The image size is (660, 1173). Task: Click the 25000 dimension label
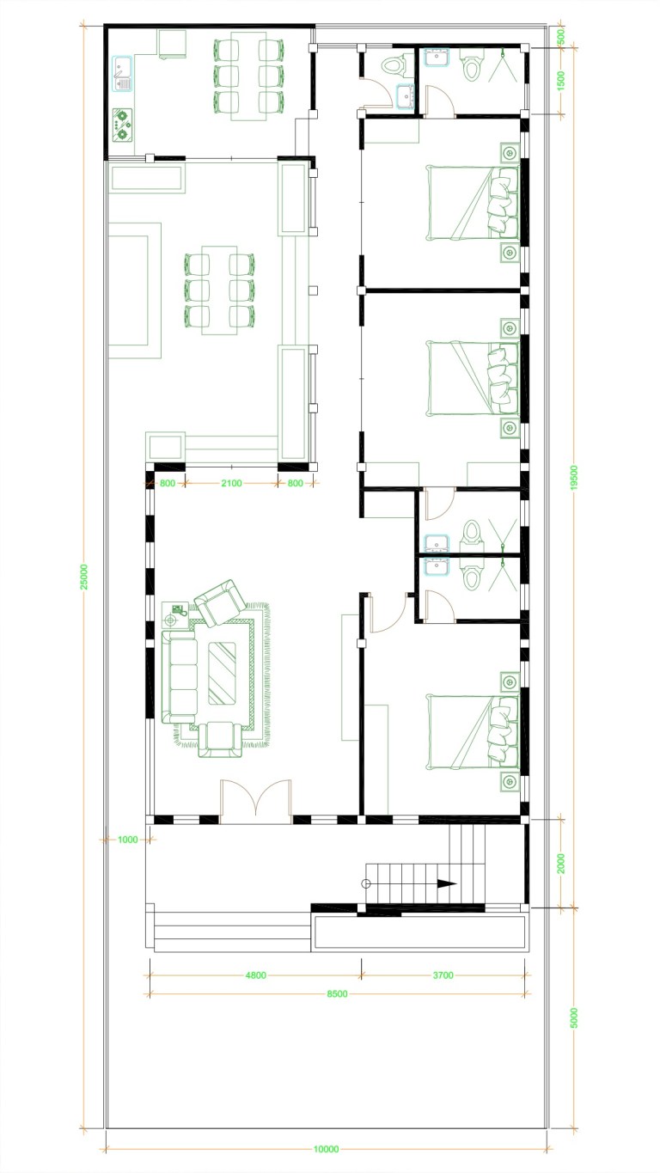(84, 577)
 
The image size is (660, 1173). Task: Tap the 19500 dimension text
(574, 478)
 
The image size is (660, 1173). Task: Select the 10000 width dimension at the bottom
(326, 1150)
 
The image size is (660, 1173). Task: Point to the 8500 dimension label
(337, 993)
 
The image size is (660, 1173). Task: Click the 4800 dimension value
(255, 975)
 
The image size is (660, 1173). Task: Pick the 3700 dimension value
(443, 975)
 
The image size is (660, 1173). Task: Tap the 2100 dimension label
(231, 483)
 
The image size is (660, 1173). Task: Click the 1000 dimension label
(127, 840)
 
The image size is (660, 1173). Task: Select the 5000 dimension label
(574, 1018)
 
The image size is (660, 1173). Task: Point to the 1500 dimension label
(561, 81)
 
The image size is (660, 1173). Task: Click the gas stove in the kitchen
(123, 125)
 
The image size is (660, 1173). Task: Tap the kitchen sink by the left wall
(122, 74)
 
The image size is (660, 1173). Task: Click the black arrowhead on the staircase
(446, 883)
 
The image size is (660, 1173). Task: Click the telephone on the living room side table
(179, 609)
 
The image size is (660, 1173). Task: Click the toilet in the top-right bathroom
(470, 65)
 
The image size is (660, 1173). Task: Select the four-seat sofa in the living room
(180, 677)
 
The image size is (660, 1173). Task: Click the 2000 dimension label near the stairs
(561, 864)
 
